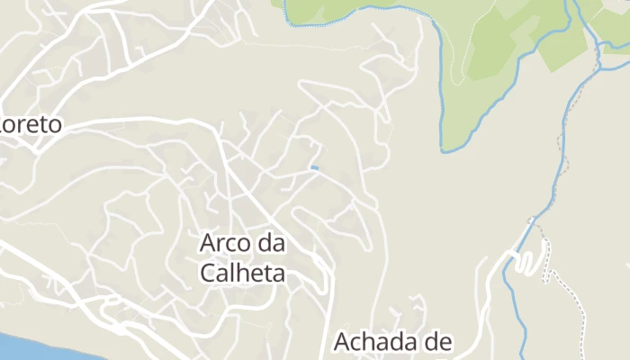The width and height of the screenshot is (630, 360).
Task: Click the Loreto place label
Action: (x=31, y=124)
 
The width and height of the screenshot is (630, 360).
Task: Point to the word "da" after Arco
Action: (x=272, y=243)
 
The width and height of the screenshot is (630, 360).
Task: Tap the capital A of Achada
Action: (x=343, y=342)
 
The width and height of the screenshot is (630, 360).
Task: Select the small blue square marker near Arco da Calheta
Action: (x=314, y=167)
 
